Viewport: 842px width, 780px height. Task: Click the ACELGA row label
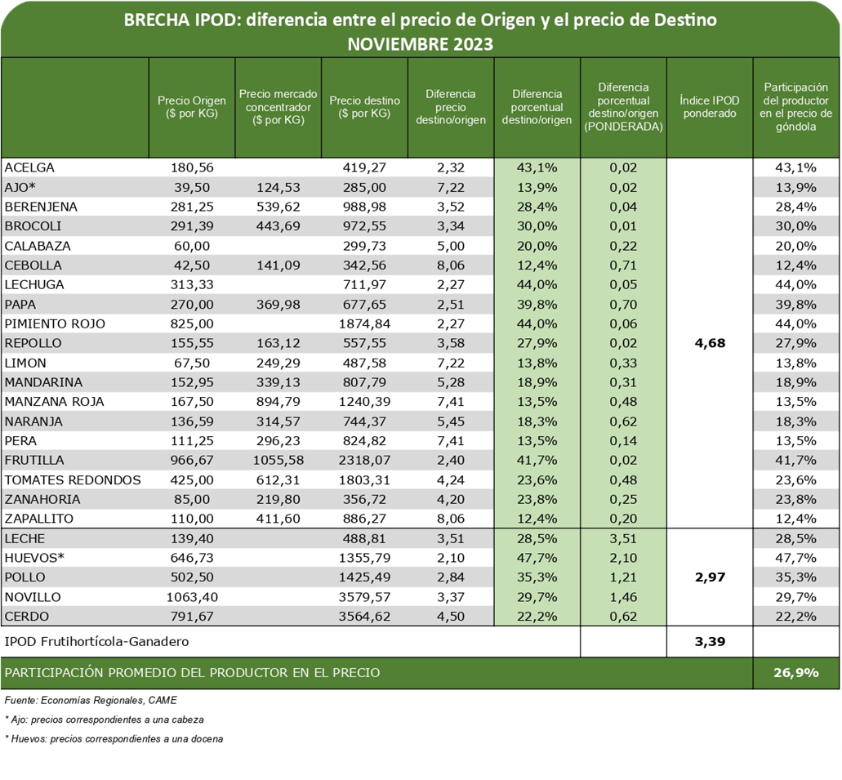pyautogui.click(x=28, y=167)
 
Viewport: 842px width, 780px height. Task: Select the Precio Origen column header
pyautogui.click(x=191, y=107)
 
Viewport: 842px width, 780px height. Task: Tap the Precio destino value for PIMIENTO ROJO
pyautogui.click(x=364, y=323)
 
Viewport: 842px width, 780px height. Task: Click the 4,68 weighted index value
pyautogui.click(x=709, y=343)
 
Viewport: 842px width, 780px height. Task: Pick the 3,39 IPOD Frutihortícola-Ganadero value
pyautogui.click(x=709, y=641)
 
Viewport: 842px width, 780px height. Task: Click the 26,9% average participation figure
pyautogui.click(x=795, y=673)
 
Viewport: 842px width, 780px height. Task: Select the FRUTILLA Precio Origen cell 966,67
pyautogui.click(x=191, y=460)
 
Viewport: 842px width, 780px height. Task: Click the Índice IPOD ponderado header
pyautogui.click(x=709, y=107)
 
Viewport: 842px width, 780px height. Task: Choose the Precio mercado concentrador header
pyautogui.click(x=278, y=107)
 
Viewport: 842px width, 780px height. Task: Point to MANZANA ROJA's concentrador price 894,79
pyautogui.click(x=278, y=402)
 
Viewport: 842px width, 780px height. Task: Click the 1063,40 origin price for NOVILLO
pyautogui.click(x=191, y=597)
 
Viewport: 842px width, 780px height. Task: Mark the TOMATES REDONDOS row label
pyautogui.click(x=73, y=479)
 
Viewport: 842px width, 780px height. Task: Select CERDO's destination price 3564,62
pyautogui.click(x=364, y=617)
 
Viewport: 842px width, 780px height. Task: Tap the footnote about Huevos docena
pyautogui.click(x=114, y=738)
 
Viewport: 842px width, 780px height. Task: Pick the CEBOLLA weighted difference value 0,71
pyautogui.click(x=623, y=265)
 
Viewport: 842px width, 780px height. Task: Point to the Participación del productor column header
pyautogui.click(x=795, y=107)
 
